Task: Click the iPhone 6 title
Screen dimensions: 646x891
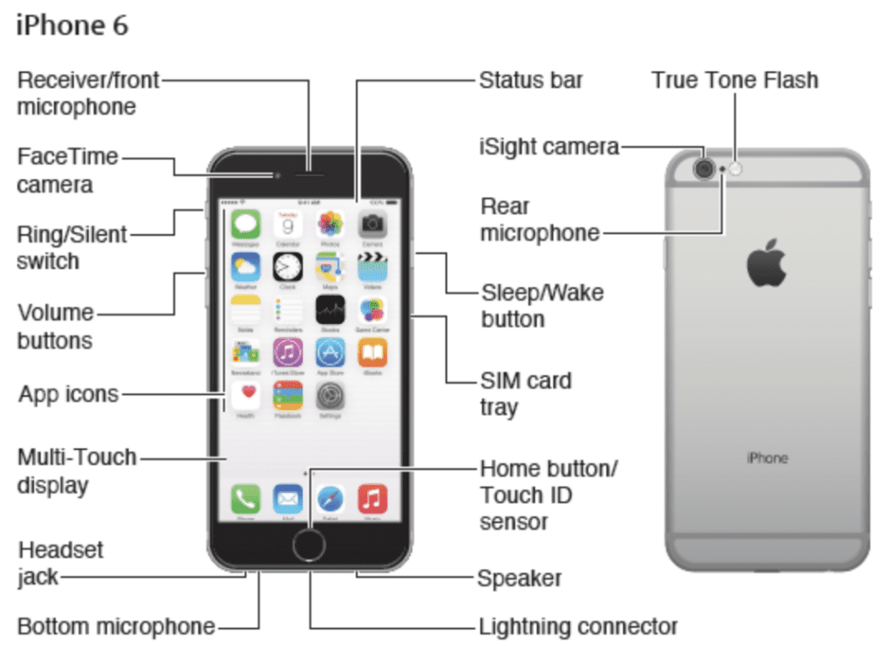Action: point(72,25)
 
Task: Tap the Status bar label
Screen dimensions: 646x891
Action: point(531,81)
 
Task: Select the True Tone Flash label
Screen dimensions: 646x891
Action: point(734,81)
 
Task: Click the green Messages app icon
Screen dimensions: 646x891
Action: point(245,225)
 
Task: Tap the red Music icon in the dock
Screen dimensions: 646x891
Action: point(372,499)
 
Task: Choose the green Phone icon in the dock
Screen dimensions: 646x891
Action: point(245,499)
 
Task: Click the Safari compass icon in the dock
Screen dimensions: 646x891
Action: point(330,499)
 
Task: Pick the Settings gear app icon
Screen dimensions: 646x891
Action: point(330,396)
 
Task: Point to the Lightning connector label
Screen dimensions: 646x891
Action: point(578,626)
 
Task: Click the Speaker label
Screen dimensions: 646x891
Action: point(519,578)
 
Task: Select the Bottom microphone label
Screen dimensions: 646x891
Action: point(117,626)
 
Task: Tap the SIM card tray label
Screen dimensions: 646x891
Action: point(526,394)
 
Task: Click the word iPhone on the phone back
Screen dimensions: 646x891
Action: point(767,458)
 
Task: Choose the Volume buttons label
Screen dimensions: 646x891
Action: point(56,326)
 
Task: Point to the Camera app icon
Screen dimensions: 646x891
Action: point(372,225)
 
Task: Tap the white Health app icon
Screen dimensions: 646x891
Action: point(245,396)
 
